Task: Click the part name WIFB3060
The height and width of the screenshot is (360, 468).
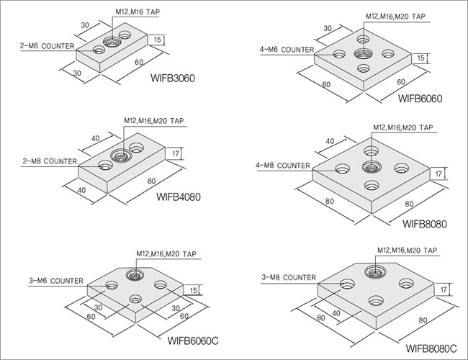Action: [x=174, y=78]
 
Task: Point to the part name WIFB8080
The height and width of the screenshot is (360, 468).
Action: [x=425, y=223]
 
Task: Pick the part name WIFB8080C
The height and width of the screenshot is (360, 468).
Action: [x=431, y=348]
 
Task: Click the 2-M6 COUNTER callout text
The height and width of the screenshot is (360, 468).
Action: [x=47, y=45]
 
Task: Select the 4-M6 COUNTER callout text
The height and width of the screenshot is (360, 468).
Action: [x=286, y=50]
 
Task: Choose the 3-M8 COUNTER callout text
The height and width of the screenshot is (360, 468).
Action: [x=288, y=276]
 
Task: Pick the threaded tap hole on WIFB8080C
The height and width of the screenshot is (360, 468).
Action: [x=375, y=271]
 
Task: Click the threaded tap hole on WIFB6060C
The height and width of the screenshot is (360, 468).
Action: [x=133, y=274]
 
